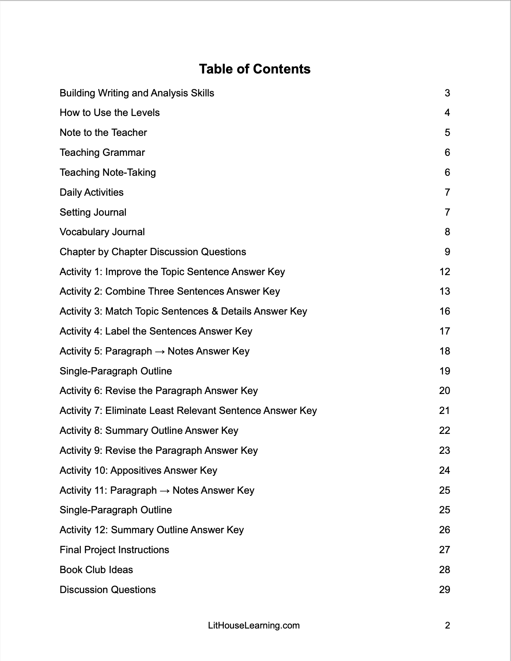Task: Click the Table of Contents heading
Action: [255, 69]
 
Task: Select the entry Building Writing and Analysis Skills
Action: [137, 93]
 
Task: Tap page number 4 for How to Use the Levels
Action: [447, 113]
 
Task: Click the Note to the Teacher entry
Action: [103, 133]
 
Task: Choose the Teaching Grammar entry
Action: [102, 153]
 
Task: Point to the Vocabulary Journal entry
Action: [102, 232]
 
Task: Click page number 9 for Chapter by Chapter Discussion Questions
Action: [447, 252]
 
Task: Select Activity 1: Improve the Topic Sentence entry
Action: [172, 272]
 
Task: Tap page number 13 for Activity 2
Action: [445, 291]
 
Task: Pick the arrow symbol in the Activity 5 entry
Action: [160, 351]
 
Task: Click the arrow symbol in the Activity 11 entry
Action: [165, 490]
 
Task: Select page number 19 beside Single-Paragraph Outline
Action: [445, 371]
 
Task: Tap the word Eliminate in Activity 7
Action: [126, 411]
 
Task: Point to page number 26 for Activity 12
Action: [445, 530]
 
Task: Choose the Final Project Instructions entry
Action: [114, 550]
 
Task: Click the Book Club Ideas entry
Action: [96, 570]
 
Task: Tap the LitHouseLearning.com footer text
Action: [254, 626]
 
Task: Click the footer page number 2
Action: [447, 626]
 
